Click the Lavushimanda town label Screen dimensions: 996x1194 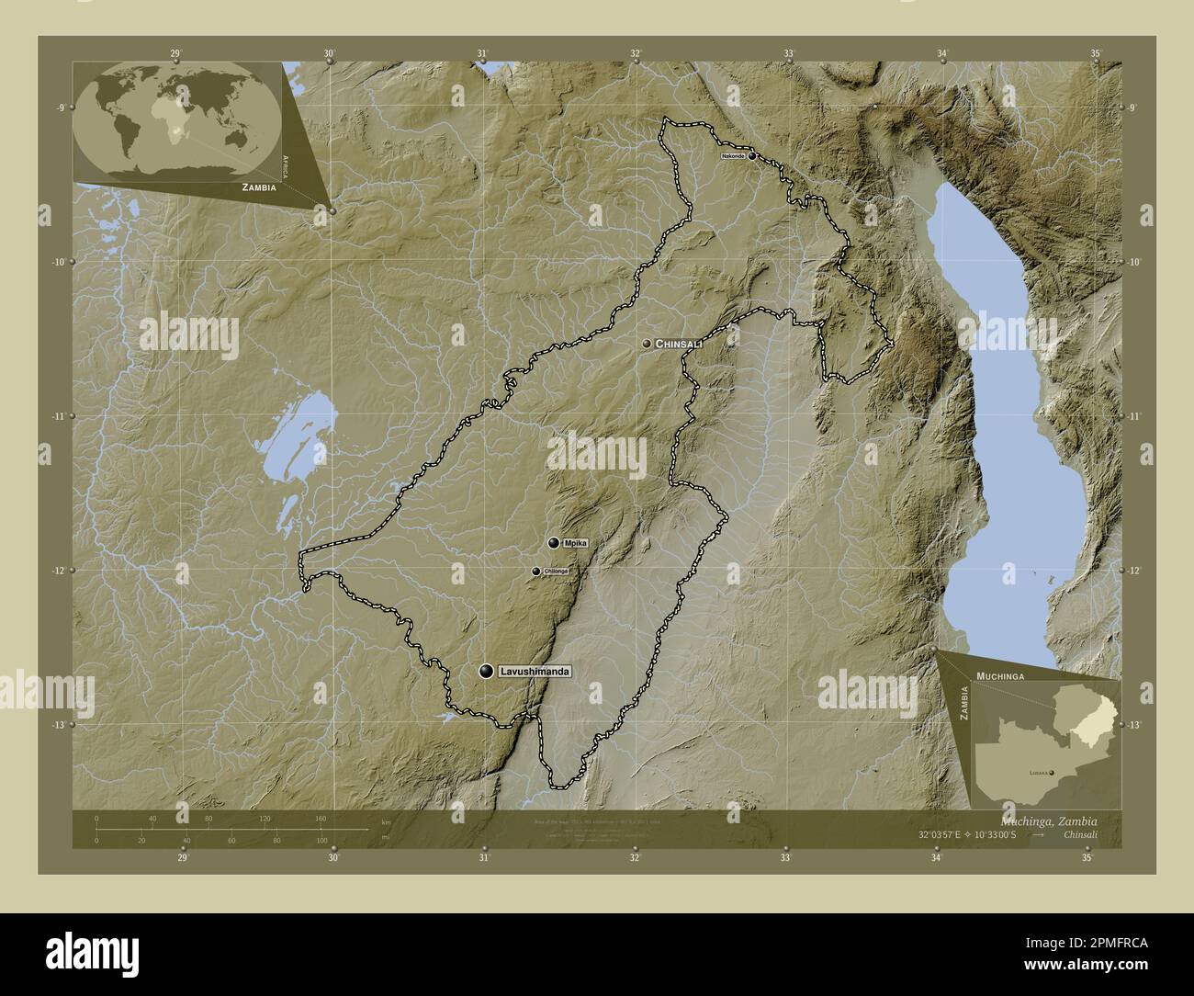[x=535, y=673]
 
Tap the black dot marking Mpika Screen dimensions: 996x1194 [x=553, y=543]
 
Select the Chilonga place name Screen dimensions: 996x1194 [x=557, y=572]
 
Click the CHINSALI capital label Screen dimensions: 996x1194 [x=679, y=343]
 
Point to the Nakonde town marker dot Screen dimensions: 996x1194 [x=752, y=156]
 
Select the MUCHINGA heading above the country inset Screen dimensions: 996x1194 [x=1001, y=675]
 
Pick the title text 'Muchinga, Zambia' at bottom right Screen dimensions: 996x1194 [x=1044, y=820]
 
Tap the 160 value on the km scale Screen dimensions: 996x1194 [x=321, y=818]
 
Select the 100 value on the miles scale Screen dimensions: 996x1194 [x=321, y=841]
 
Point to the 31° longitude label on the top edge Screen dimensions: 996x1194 [x=482, y=53]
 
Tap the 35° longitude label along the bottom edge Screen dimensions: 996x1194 [x=1087, y=858]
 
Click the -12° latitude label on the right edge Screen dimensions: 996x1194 [x=1135, y=571]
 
